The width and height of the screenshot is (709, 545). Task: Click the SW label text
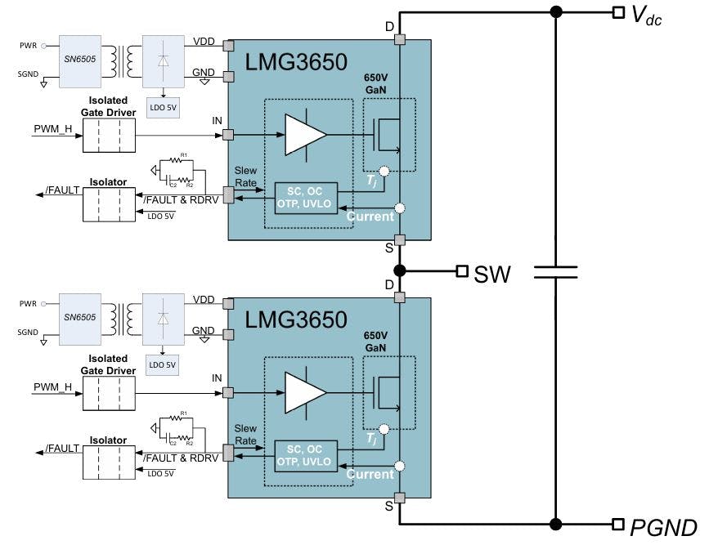click(492, 274)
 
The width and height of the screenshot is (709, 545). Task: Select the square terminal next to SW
click(462, 270)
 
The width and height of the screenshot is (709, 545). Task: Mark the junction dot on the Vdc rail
click(556, 11)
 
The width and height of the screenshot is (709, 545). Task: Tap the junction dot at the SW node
click(399, 270)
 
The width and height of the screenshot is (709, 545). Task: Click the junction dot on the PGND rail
click(556, 524)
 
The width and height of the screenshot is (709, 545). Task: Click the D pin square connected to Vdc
click(399, 39)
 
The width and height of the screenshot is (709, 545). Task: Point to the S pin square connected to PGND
click(399, 498)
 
